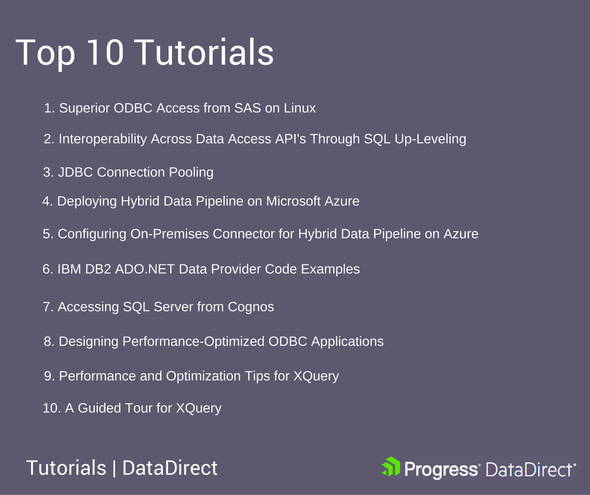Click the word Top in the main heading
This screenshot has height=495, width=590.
tap(45, 53)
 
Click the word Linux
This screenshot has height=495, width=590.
tap(299, 108)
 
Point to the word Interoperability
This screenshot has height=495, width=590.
tap(103, 139)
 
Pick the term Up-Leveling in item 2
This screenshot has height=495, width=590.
tap(430, 139)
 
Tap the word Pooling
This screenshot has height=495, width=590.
tap(191, 173)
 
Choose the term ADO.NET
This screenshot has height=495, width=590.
tap(145, 269)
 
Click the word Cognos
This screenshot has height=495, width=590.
tap(250, 307)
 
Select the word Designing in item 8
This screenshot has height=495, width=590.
tap(88, 342)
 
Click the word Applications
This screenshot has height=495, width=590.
tap(347, 342)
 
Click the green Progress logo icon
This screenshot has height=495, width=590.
tap(391, 467)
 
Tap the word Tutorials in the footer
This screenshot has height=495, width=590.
tap(67, 468)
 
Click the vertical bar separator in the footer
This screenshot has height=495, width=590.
tap(114, 469)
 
